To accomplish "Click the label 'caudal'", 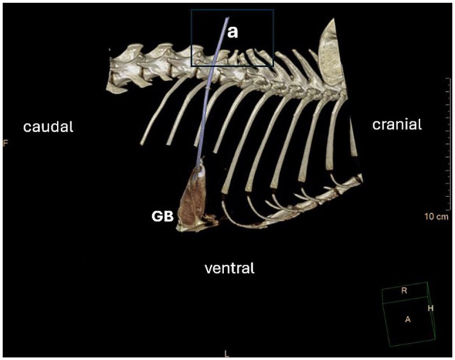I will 48,127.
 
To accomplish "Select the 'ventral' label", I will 229,268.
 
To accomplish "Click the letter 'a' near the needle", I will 232,31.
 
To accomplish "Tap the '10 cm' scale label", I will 435,215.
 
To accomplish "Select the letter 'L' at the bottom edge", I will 227,353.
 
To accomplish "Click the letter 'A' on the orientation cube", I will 408,319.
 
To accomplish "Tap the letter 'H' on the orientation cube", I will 430,308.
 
